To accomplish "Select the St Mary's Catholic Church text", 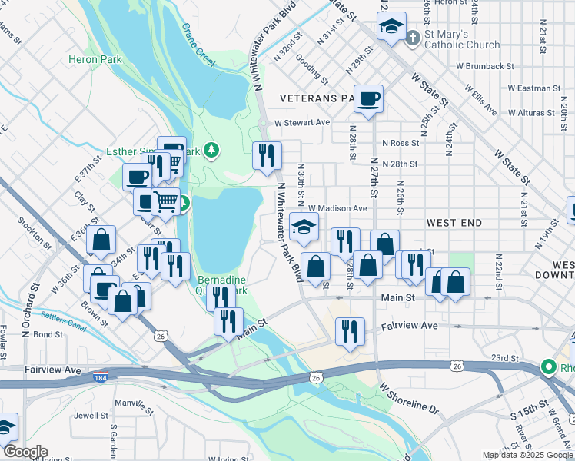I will click(462, 39).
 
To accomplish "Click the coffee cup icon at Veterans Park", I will click(369, 98).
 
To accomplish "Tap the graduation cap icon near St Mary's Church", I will click(391, 27).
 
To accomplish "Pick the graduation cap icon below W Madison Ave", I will click(304, 227).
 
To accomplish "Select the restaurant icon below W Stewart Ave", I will click(267, 155).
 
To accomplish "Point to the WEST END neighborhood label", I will click(454, 223).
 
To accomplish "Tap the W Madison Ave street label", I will click(337, 208).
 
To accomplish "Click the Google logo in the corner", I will click(25, 451).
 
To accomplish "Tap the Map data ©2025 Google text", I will click(527, 455).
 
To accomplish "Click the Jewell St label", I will click(92, 416).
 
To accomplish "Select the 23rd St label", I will click(504, 357).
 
